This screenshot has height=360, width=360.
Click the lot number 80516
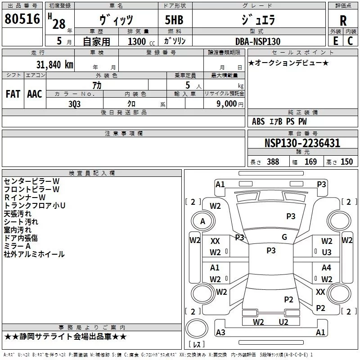[22, 19]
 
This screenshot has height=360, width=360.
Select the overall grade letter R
[343, 21]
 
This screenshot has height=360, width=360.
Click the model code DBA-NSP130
[258, 41]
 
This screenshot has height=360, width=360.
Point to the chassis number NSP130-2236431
[302, 144]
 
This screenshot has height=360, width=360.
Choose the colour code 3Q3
[74, 103]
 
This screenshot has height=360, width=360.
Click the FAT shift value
[13, 94]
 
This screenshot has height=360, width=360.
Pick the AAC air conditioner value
[35, 94]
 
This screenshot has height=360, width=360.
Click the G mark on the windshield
[284, 237]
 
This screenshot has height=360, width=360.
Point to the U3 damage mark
[327, 252]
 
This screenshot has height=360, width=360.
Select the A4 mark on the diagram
[327, 268]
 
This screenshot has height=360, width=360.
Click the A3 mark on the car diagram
[220, 333]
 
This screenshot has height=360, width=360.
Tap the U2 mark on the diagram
[283, 322]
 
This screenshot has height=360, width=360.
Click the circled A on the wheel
[202, 221]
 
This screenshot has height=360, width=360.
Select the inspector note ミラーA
[17, 246]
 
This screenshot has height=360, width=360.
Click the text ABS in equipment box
[258, 121]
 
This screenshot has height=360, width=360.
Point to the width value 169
[310, 162]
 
